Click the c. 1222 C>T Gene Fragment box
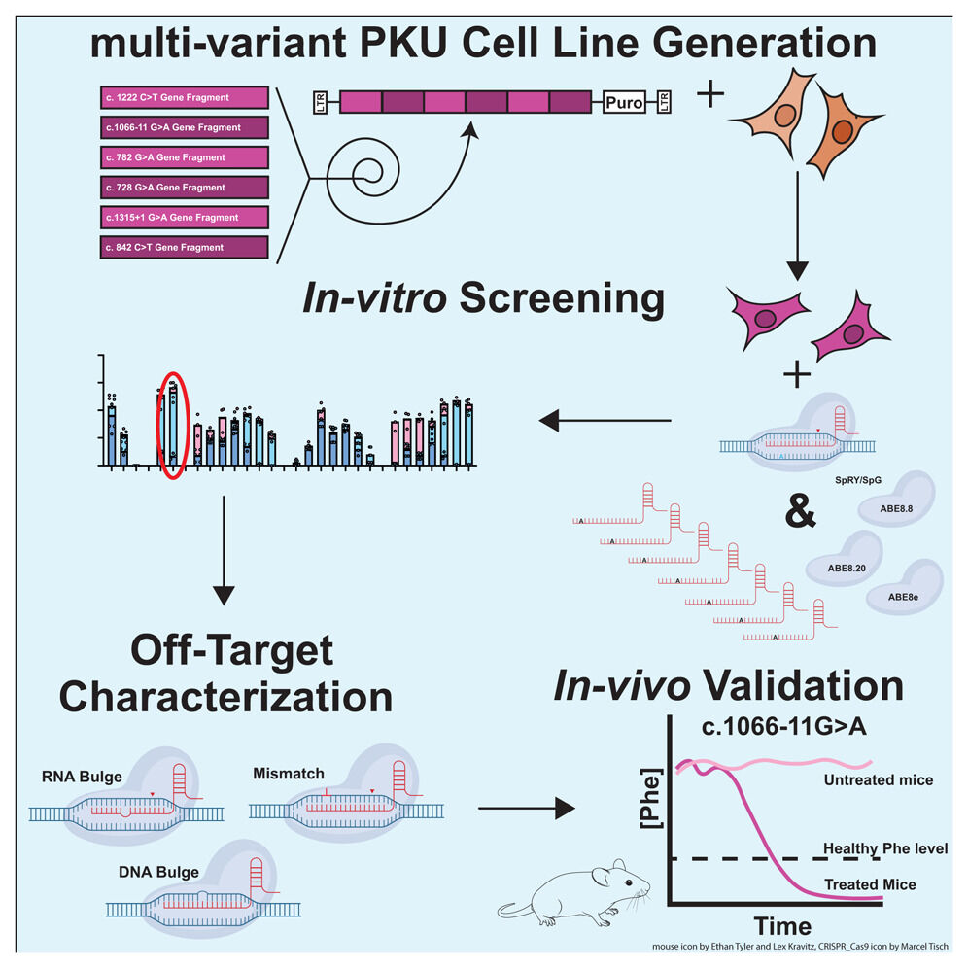184,97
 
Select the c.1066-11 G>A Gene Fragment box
184,127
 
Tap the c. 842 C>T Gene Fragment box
184,248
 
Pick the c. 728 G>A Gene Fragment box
184,188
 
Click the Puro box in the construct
623,101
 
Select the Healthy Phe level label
884,848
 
